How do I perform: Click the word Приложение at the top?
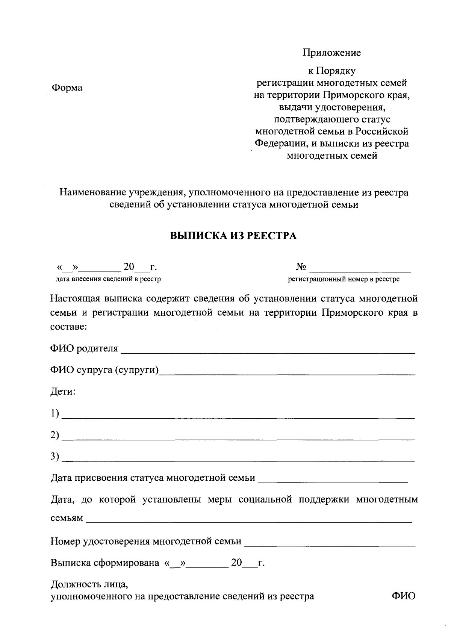coord(332,53)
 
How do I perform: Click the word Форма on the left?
coord(67,88)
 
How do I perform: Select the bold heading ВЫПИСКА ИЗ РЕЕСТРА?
coord(233,236)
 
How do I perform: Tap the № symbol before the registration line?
coord(301,267)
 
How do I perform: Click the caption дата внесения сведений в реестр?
coord(108,279)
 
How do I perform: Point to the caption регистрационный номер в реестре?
coord(344,279)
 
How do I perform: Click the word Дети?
coord(63,392)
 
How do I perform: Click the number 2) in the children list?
coord(55,435)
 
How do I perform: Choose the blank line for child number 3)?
coord(238,459)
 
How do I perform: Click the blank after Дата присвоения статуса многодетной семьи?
coord(333,480)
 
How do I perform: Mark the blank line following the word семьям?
coord(249,521)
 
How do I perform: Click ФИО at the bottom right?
coord(403,596)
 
